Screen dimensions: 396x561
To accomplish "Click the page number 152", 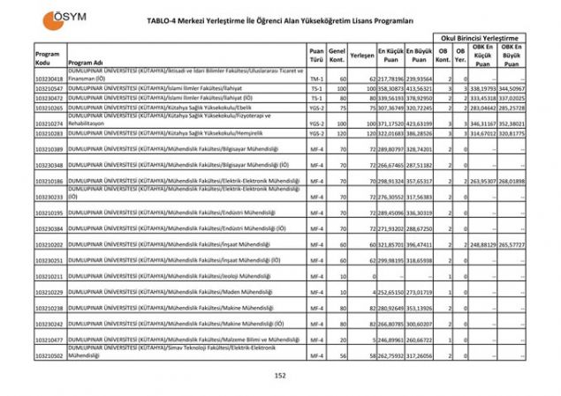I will (x=280, y=375).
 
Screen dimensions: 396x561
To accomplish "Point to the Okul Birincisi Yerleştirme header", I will (x=478, y=39).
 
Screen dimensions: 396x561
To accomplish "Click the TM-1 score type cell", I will (x=316, y=78).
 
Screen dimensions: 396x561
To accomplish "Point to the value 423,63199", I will (x=418, y=124).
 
